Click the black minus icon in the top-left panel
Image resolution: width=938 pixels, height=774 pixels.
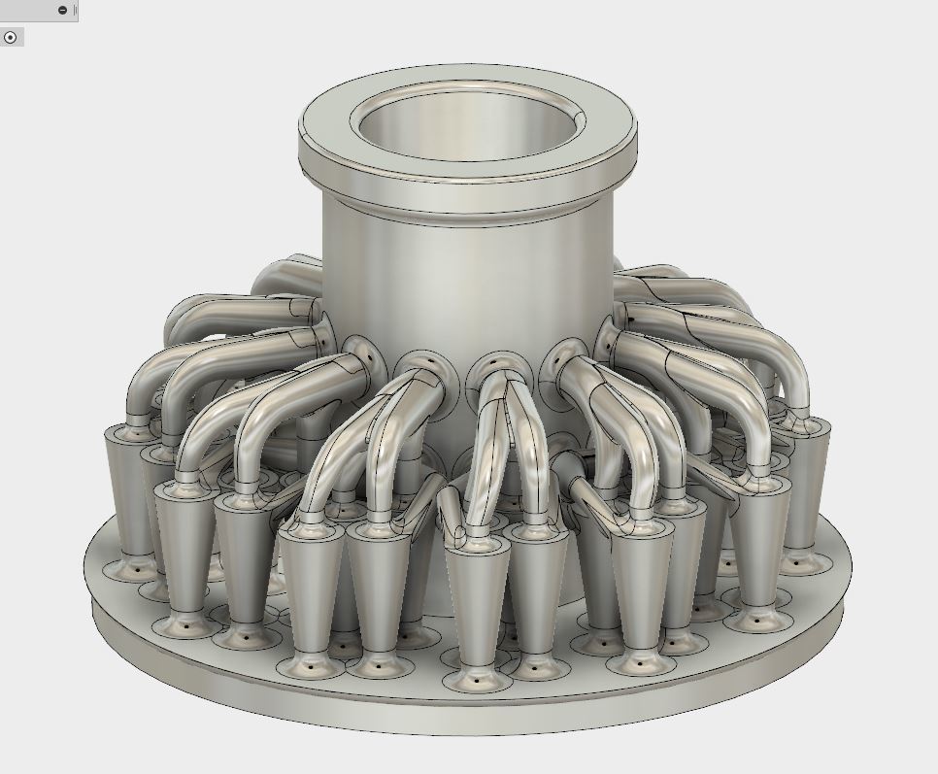pos(63,10)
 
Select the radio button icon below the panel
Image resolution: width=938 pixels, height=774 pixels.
pos(11,37)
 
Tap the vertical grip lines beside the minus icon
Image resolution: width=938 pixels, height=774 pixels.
pos(75,10)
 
